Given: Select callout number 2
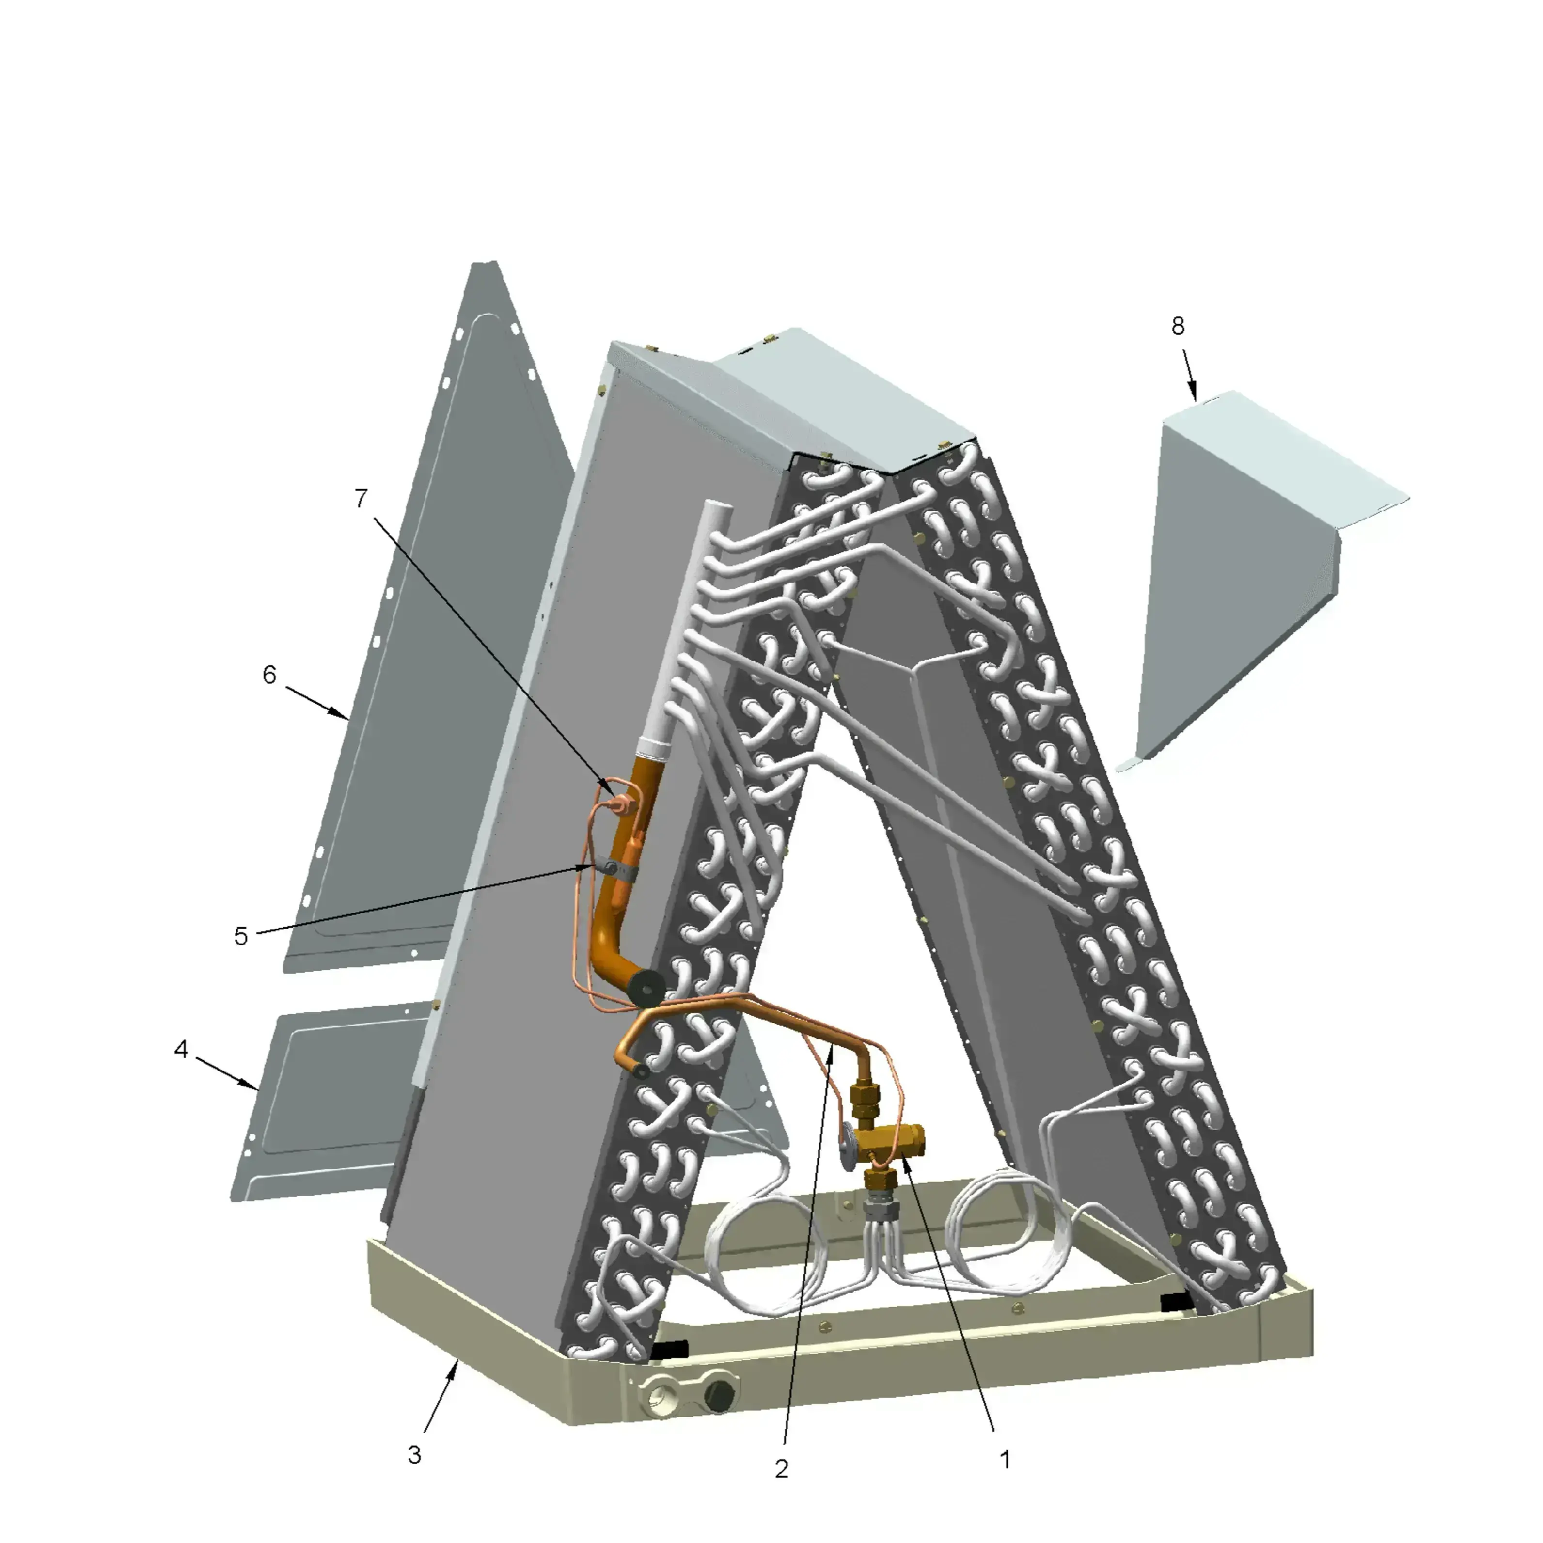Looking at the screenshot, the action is [x=782, y=1468].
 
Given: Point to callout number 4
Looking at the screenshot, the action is [x=181, y=1049].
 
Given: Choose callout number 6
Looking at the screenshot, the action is [x=270, y=675].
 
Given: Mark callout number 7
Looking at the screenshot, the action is [x=361, y=498].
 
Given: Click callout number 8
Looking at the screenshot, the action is [x=1178, y=326].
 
